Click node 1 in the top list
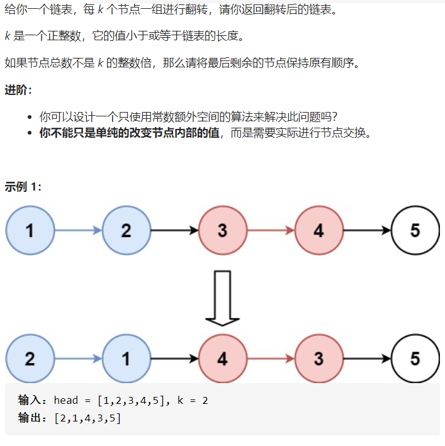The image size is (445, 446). click(x=30, y=230)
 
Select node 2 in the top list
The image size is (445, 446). click(x=127, y=230)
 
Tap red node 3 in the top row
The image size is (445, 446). click(x=222, y=230)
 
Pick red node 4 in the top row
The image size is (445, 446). click(x=318, y=230)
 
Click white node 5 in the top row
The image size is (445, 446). click(x=415, y=230)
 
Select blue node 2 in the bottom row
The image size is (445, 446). click(x=30, y=359)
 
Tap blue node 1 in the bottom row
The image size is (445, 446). click(x=127, y=359)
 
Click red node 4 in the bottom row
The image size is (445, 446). click(x=222, y=359)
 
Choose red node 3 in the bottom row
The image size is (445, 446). click(x=318, y=359)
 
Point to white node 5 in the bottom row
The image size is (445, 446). click(x=415, y=359)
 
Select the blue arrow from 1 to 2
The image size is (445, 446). click(x=78, y=230)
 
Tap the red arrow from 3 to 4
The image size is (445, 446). click(x=271, y=230)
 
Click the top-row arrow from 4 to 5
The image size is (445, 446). click(x=367, y=230)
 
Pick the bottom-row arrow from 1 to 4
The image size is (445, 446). click(x=174, y=359)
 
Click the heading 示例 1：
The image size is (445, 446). click(x=23, y=187)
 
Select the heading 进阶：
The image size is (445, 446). click(x=18, y=90)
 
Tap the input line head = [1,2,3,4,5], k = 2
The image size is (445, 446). click(x=131, y=400)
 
